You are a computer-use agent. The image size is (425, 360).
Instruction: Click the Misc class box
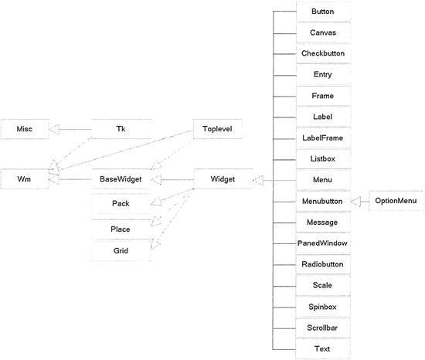click(25, 129)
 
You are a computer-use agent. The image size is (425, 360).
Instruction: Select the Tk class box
click(121, 129)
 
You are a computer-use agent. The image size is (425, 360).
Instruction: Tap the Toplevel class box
click(218, 129)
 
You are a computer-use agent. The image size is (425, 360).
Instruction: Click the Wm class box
click(25, 179)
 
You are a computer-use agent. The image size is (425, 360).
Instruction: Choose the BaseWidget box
click(121, 179)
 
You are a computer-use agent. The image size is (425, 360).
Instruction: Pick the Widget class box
click(223, 179)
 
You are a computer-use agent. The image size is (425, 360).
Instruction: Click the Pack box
click(121, 203)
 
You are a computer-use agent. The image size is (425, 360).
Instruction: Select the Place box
click(121, 229)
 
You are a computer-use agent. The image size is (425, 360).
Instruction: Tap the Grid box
click(121, 251)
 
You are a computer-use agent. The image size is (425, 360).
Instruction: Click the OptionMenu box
click(396, 201)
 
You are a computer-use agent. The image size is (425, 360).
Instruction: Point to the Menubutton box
click(323, 202)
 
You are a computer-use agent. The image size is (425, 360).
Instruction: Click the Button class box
click(323, 12)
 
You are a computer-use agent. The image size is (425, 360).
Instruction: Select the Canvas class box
click(323, 32)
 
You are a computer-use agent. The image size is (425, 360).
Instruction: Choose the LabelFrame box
click(323, 138)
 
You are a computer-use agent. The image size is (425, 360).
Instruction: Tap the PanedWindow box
click(323, 243)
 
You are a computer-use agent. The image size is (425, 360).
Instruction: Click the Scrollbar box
click(323, 328)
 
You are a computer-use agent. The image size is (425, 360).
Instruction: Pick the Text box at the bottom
click(323, 349)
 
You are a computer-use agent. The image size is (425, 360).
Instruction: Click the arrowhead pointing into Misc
click(54, 129)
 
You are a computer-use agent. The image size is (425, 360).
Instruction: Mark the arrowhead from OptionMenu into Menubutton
click(355, 202)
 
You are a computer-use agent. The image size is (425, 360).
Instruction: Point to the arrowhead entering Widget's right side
click(258, 181)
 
